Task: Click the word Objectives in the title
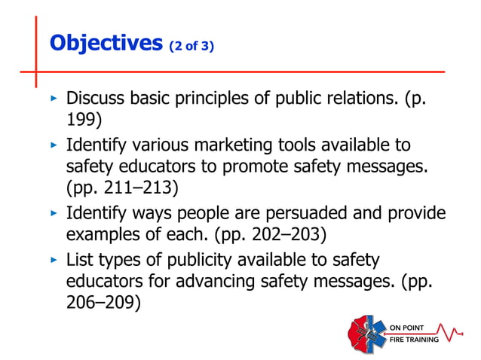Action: click(105, 43)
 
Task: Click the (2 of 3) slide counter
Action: click(191, 46)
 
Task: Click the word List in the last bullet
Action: click(80, 261)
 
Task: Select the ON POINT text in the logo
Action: click(412, 327)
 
